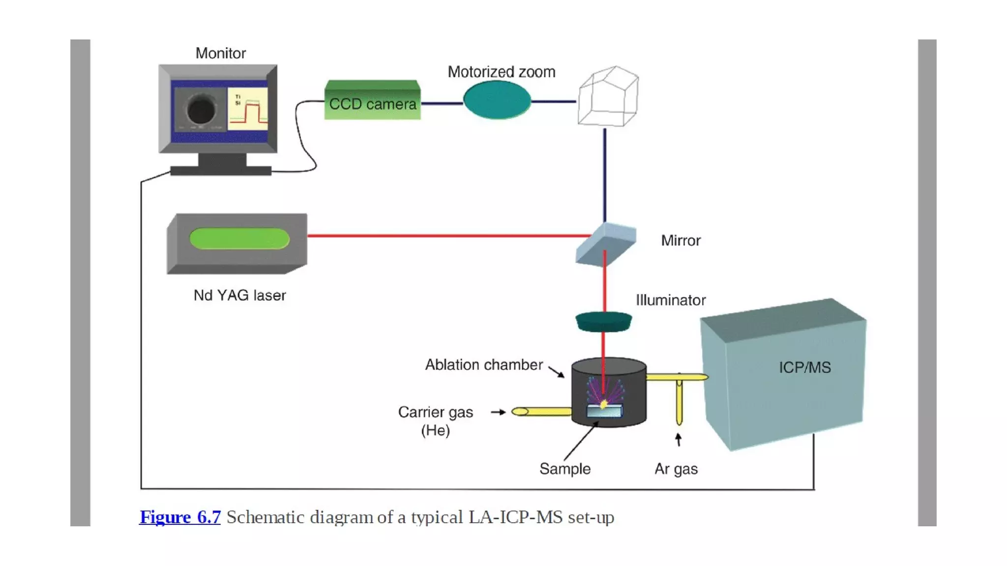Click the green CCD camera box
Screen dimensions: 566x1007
point(372,100)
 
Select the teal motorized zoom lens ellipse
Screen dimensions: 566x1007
point(497,100)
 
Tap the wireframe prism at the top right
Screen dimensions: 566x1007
point(608,96)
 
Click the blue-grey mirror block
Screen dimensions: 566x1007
point(606,244)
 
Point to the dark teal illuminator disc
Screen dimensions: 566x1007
point(604,321)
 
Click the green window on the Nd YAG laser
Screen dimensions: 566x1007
point(239,239)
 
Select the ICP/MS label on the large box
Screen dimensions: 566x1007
point(804,368)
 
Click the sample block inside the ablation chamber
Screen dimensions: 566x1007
point(604,411)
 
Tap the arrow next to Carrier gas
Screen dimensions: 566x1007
point(498,412)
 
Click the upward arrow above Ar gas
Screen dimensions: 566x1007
point(679,439)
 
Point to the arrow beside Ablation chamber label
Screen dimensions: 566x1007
point(557,372)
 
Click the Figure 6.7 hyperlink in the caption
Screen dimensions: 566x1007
point(180,517)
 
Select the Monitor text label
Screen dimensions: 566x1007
point(220,53)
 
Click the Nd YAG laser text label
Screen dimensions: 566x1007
point(239,295)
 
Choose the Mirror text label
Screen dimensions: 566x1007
point(681,241)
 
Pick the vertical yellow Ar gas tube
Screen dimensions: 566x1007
point(679,400)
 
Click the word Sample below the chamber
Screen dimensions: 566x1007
point(564,469)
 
